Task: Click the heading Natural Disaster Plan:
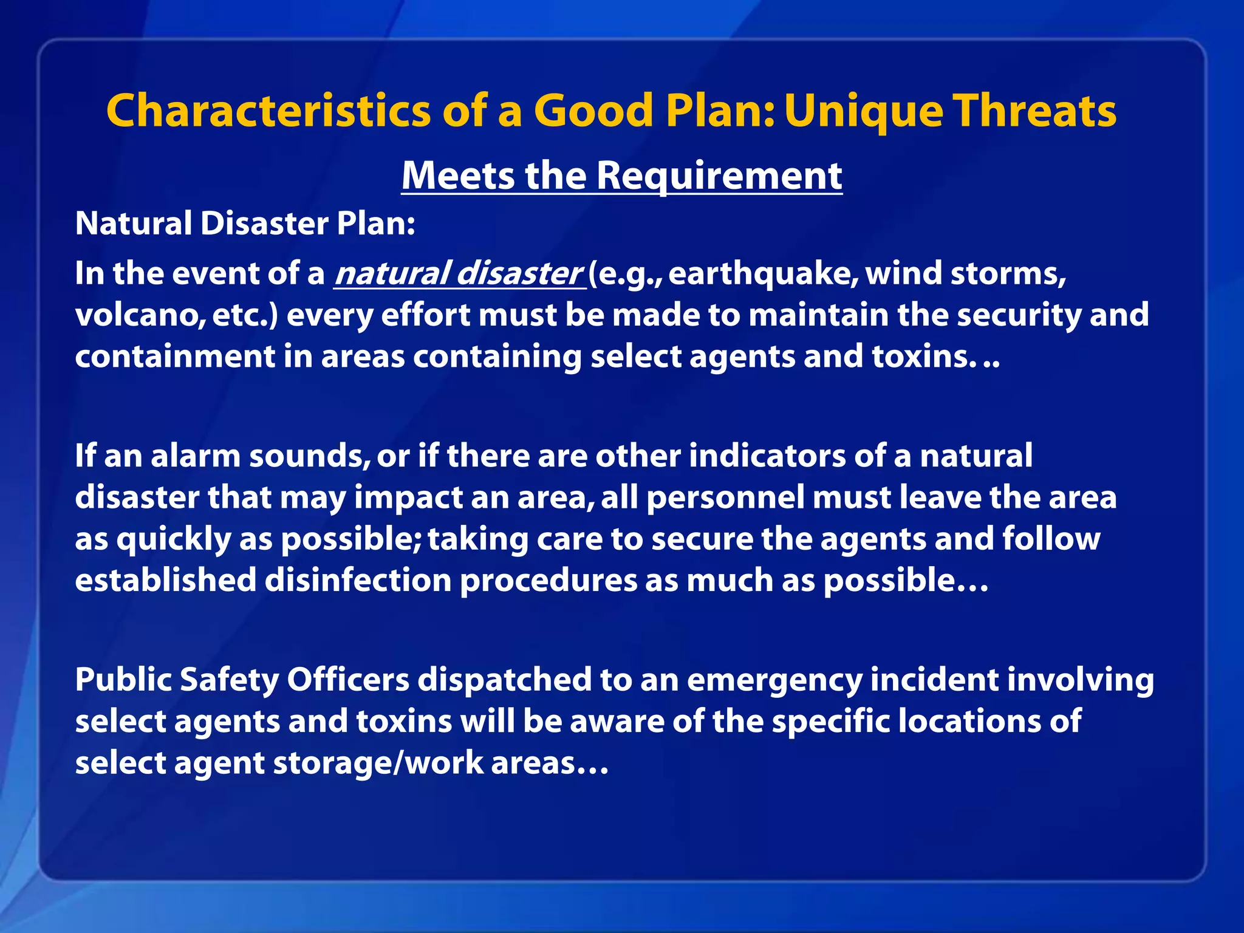[x=245, y=224]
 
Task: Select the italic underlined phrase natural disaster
[x=459, y=273]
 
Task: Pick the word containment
[x=175, y=356]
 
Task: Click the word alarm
[x=196, y=456]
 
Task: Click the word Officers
[x=348, y=679]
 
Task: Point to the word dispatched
[x=504, y=679]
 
